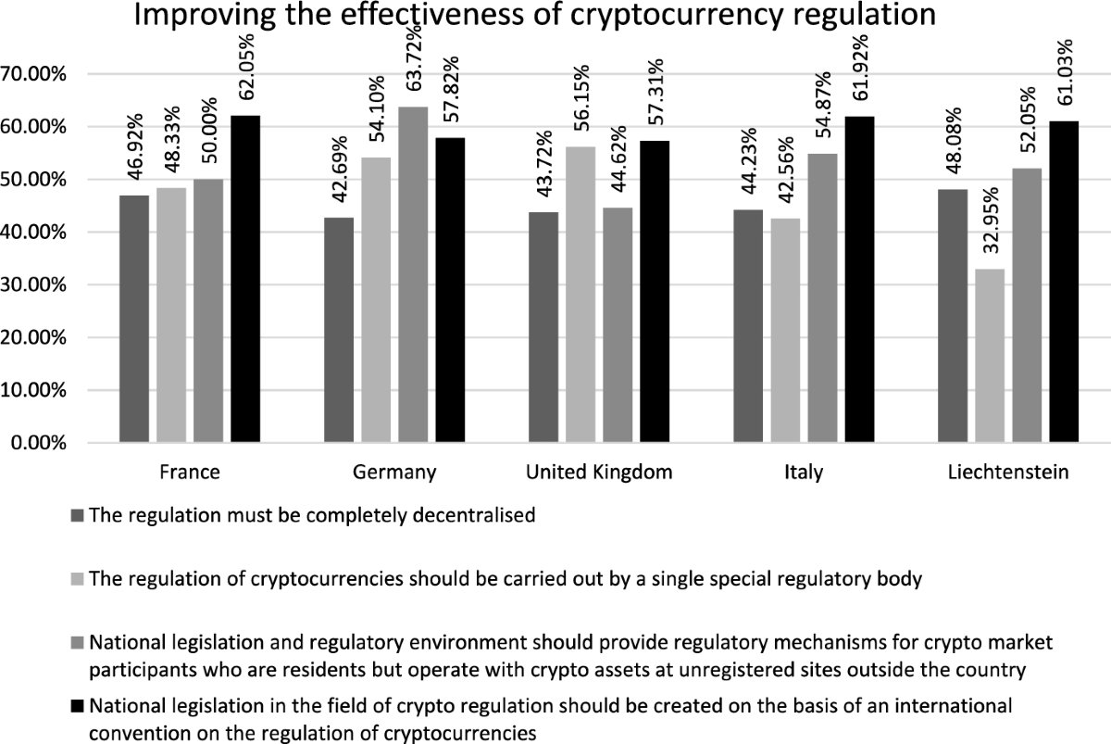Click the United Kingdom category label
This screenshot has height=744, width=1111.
(x=598, y=473)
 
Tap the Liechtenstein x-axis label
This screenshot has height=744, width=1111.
(x=1007, y=473)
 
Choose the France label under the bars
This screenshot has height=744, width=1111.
(x=190, y=473)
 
